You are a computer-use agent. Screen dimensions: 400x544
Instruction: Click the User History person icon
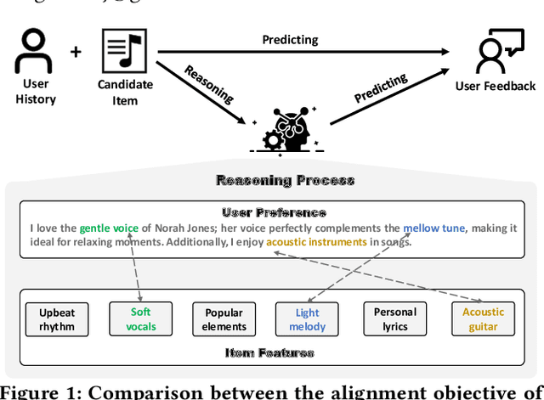pyautogui.click(x=35, y=51)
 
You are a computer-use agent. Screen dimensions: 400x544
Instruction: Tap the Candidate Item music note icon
pyautogui.click(x=124, y=50)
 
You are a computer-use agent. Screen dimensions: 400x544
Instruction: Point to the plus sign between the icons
pyautogui.click(x=76, y=53)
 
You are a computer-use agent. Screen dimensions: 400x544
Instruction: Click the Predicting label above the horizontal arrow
pyautogui.click(x=290, y=39)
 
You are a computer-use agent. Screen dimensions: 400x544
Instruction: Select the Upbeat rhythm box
pyautogui.click(x=57, y=319)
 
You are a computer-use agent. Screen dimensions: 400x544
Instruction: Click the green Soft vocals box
pyautogui.click(x=141, y=319)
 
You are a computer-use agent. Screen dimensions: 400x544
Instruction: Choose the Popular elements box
pyautogui.click(x=224, y=319)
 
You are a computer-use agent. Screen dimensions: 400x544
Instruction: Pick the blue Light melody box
pyautogui.click(x=307, y=319)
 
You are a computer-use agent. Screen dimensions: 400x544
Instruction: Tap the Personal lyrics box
pyautogui.click(x=395, y=319)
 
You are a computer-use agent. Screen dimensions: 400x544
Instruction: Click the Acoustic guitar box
pyautogui.click(x=483, y=319)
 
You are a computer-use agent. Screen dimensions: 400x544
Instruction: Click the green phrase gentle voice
pyautogui.click(x=109, y=228)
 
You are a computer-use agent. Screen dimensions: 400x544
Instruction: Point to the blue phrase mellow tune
pyautogui.click(x=433, y=228)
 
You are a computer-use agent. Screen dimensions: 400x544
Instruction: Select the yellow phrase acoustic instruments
pyautogui.click(x=316, y=242)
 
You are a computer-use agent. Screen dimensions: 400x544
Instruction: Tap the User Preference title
pyautogui.click(x=274, y=212)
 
